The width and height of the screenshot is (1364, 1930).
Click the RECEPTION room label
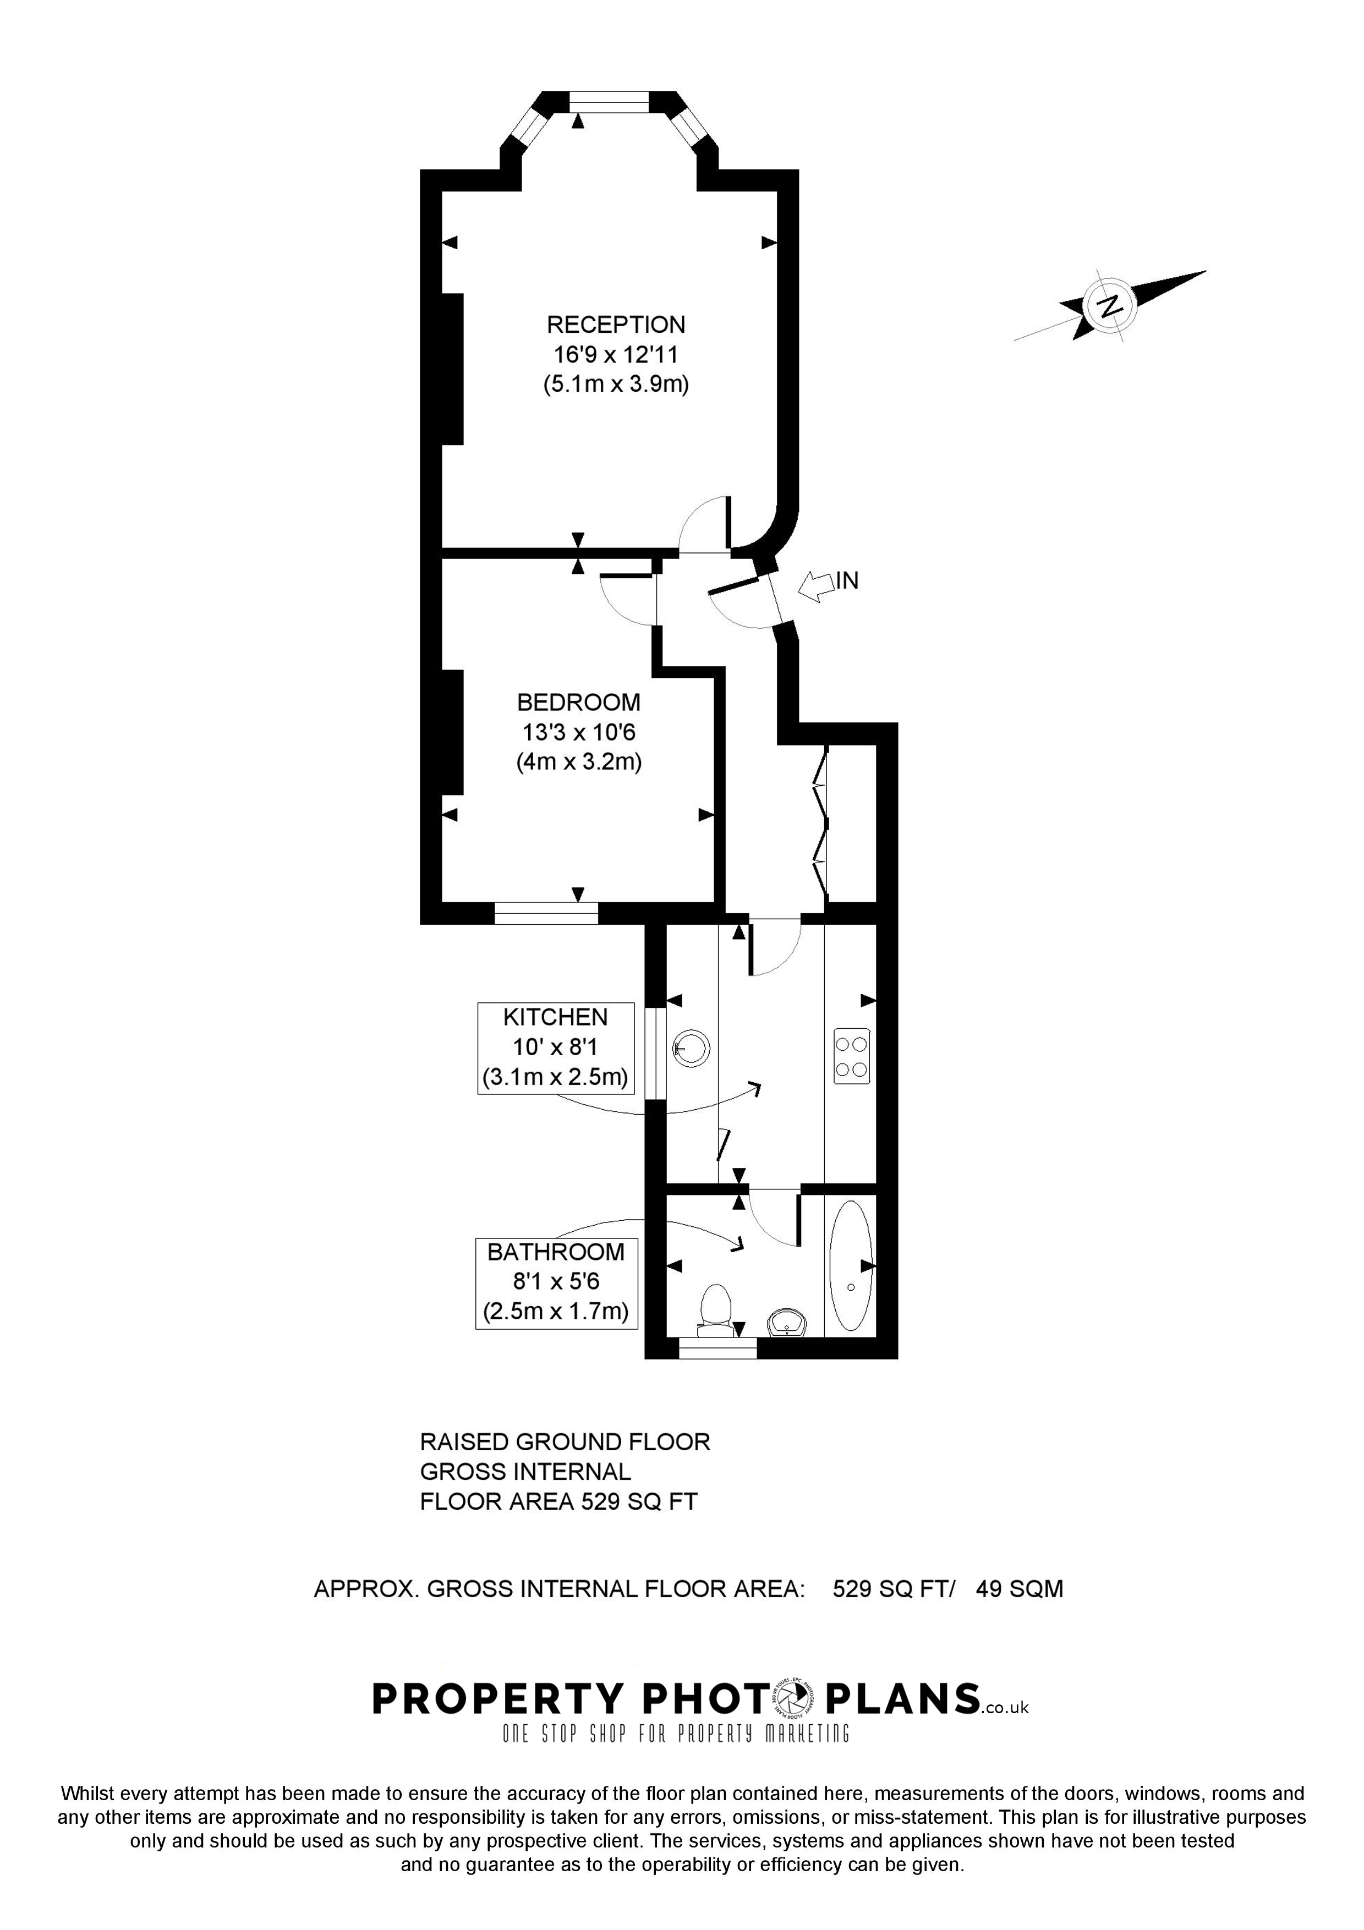(616, 325)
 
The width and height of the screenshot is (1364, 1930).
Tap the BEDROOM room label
(578, 702)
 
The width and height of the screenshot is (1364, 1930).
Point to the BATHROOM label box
(556, 1283)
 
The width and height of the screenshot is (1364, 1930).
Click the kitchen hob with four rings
(851, 1056)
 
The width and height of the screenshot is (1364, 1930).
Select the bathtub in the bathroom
(851, 1266)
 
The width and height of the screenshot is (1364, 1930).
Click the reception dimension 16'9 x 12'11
(616, 355)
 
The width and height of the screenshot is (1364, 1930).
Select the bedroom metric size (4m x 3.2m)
(578, 763)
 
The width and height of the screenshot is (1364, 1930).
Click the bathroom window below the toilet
(717, 1348)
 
